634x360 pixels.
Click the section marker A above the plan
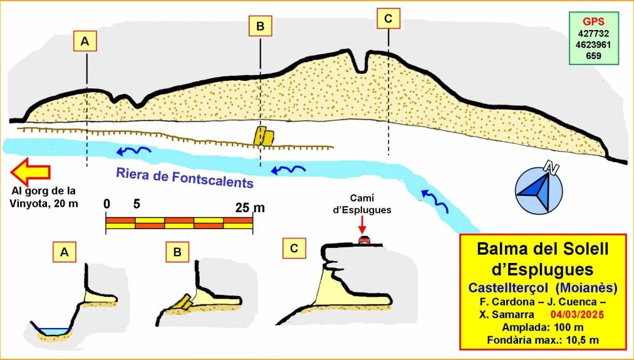pos(85,41)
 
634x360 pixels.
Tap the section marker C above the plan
pos(388,19)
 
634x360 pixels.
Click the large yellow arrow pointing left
pos(31,172)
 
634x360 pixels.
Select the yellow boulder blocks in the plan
pos(264,136)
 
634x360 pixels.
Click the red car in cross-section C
pos(363,240)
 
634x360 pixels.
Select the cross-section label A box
pos(64,252)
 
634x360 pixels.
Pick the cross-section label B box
pos(177,252)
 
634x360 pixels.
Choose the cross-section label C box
pos(294,248)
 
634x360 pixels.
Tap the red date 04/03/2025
pos(578,315)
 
